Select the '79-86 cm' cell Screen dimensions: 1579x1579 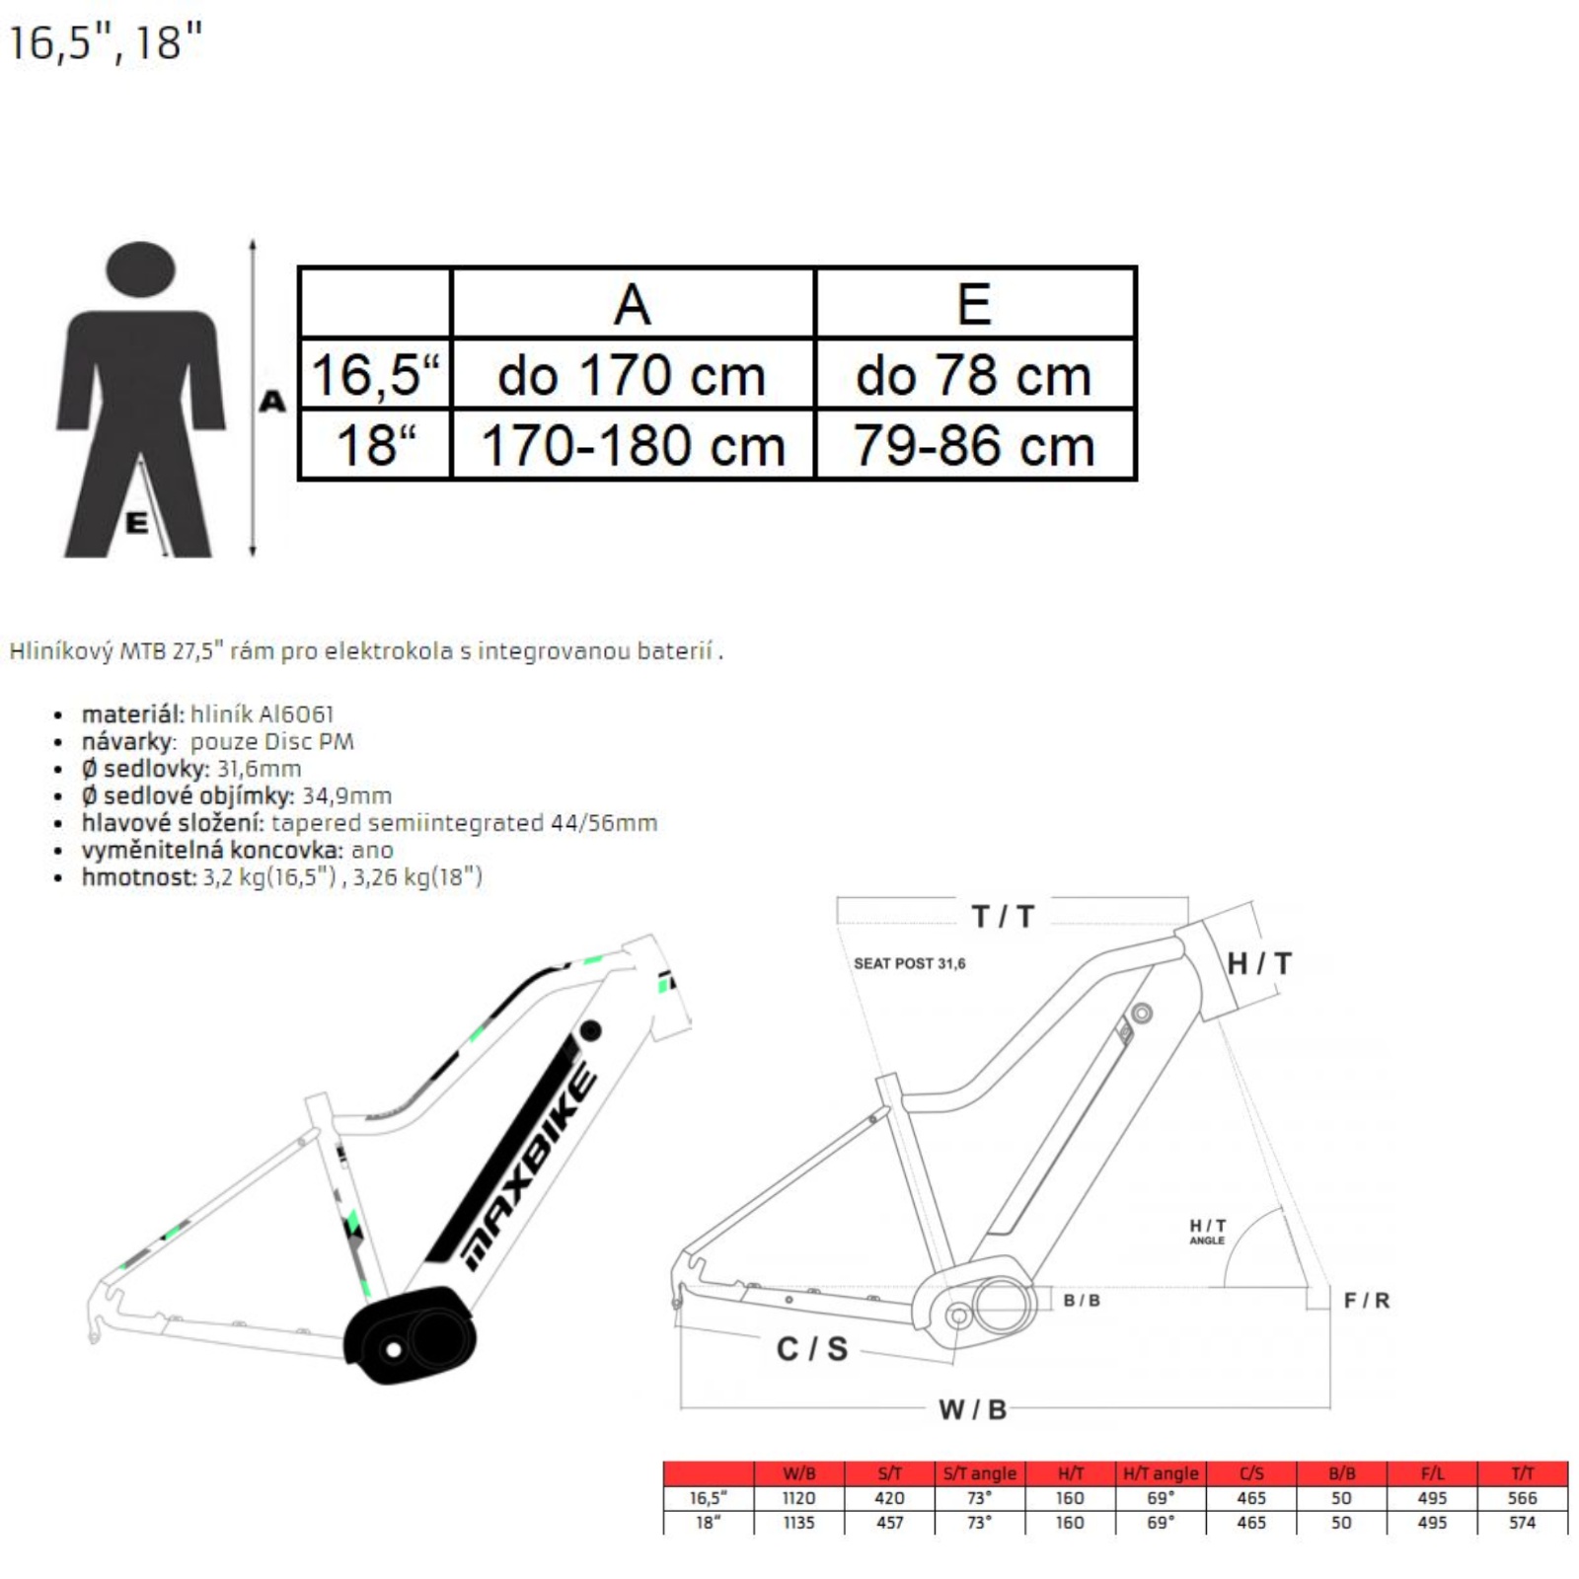pos(974,446)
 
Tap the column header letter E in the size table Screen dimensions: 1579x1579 pos(974,303)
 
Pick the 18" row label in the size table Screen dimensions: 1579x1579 pos(375,446)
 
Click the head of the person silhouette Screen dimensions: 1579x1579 pos(140,268)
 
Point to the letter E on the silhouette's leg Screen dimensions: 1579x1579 pos(136,522)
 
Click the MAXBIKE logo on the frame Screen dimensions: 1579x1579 pos(530,1167)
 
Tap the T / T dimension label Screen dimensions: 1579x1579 pos(1003,917)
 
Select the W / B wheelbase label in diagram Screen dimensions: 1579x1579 pos(972,1409)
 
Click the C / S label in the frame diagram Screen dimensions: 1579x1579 pos(812,1349)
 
